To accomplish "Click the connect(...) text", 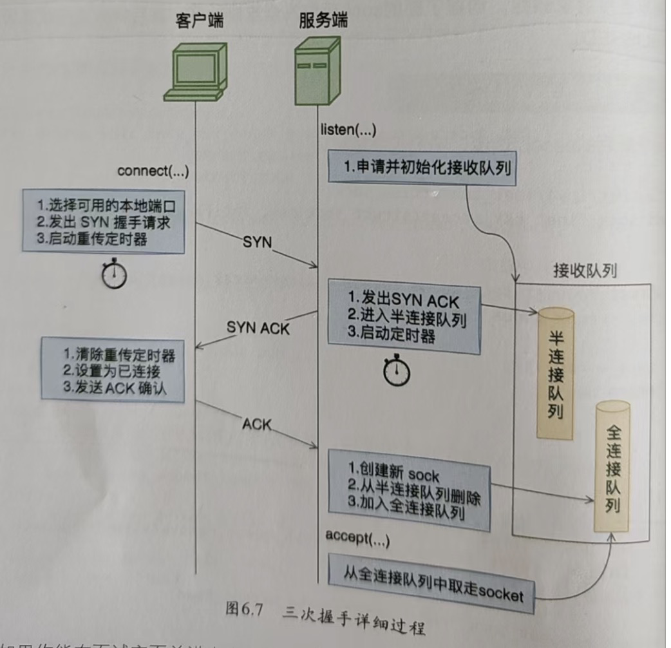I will click(x=153, y=171).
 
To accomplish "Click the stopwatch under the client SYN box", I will click(x=115, y=274).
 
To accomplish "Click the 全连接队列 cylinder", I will click(x=611, y=467).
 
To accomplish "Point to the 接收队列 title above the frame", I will click(x=585, y=271).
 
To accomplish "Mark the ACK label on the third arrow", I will click(x=258, y=424).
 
